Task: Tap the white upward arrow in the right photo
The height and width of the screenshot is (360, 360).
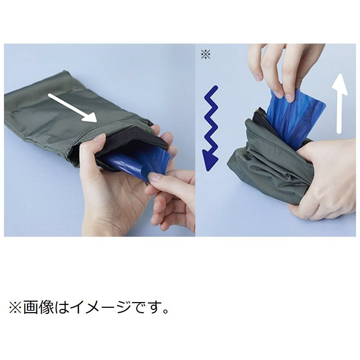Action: tap(339, 104)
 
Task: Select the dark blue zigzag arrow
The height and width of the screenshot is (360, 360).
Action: tap(211, 128)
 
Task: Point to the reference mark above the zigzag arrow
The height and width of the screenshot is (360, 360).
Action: tap(206, 54)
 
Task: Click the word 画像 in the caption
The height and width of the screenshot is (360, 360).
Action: tap(38, 307)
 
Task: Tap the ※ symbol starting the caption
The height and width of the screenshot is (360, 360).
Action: tap(15, 307)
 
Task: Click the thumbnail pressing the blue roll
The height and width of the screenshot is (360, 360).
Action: tap(155, 177)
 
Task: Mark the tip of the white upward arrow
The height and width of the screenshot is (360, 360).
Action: tap(340, 74)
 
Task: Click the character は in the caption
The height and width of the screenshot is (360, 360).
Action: tap(61, 307)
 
